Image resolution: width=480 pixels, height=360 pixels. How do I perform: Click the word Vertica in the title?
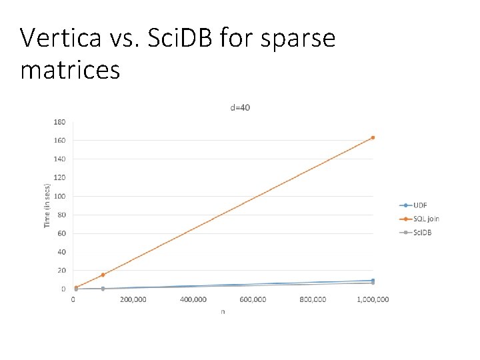[59, 38]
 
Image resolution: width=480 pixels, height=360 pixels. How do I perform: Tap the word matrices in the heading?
[70, 69]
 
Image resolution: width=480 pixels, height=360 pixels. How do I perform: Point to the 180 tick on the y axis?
[59, 122]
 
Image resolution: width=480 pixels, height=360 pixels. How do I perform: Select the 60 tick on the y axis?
[61, 233]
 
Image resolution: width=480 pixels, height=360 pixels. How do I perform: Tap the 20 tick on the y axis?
[61, 271]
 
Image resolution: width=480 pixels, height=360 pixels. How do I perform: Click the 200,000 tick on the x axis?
[133, 299]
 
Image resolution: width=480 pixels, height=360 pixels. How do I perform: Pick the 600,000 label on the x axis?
[253, 299]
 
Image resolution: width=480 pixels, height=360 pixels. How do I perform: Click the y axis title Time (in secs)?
[47, 206]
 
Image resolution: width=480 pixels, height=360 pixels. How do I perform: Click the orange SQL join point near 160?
[373, 138]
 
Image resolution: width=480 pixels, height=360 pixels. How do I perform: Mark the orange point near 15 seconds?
[103, 275]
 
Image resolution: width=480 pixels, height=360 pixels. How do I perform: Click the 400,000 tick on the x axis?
[193, 299]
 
